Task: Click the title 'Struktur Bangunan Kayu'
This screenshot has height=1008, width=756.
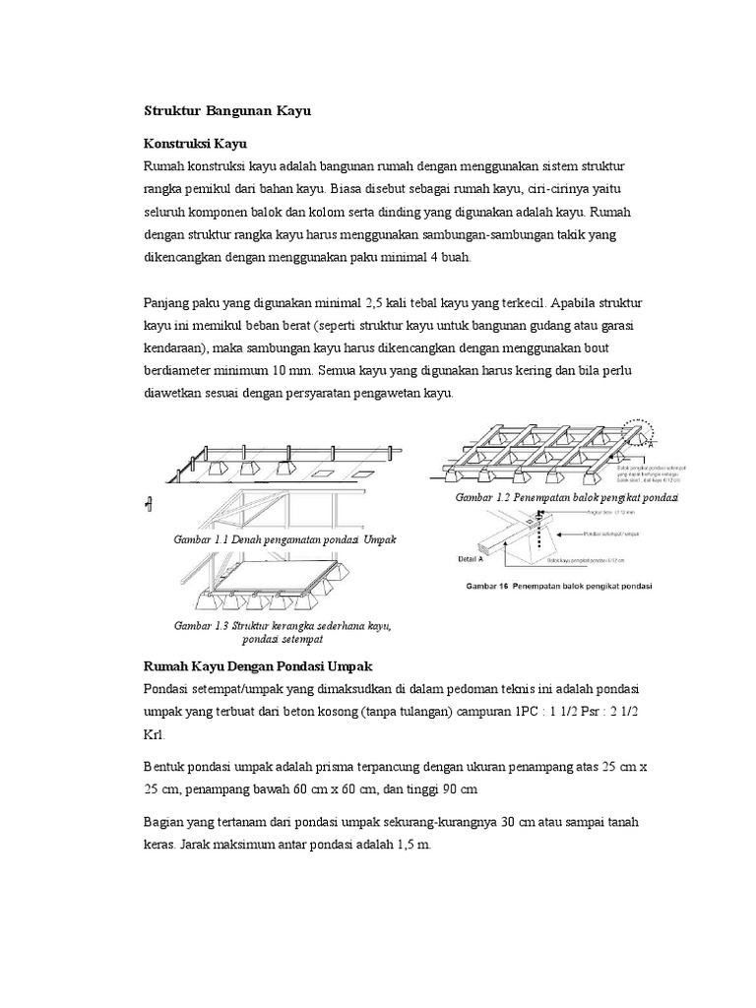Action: pos(226,111)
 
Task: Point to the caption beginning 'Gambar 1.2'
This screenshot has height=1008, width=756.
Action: pos(567,499)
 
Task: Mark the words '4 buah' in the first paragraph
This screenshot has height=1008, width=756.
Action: pos(451,258)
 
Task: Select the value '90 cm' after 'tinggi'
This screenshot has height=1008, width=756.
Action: pos(456,789)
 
